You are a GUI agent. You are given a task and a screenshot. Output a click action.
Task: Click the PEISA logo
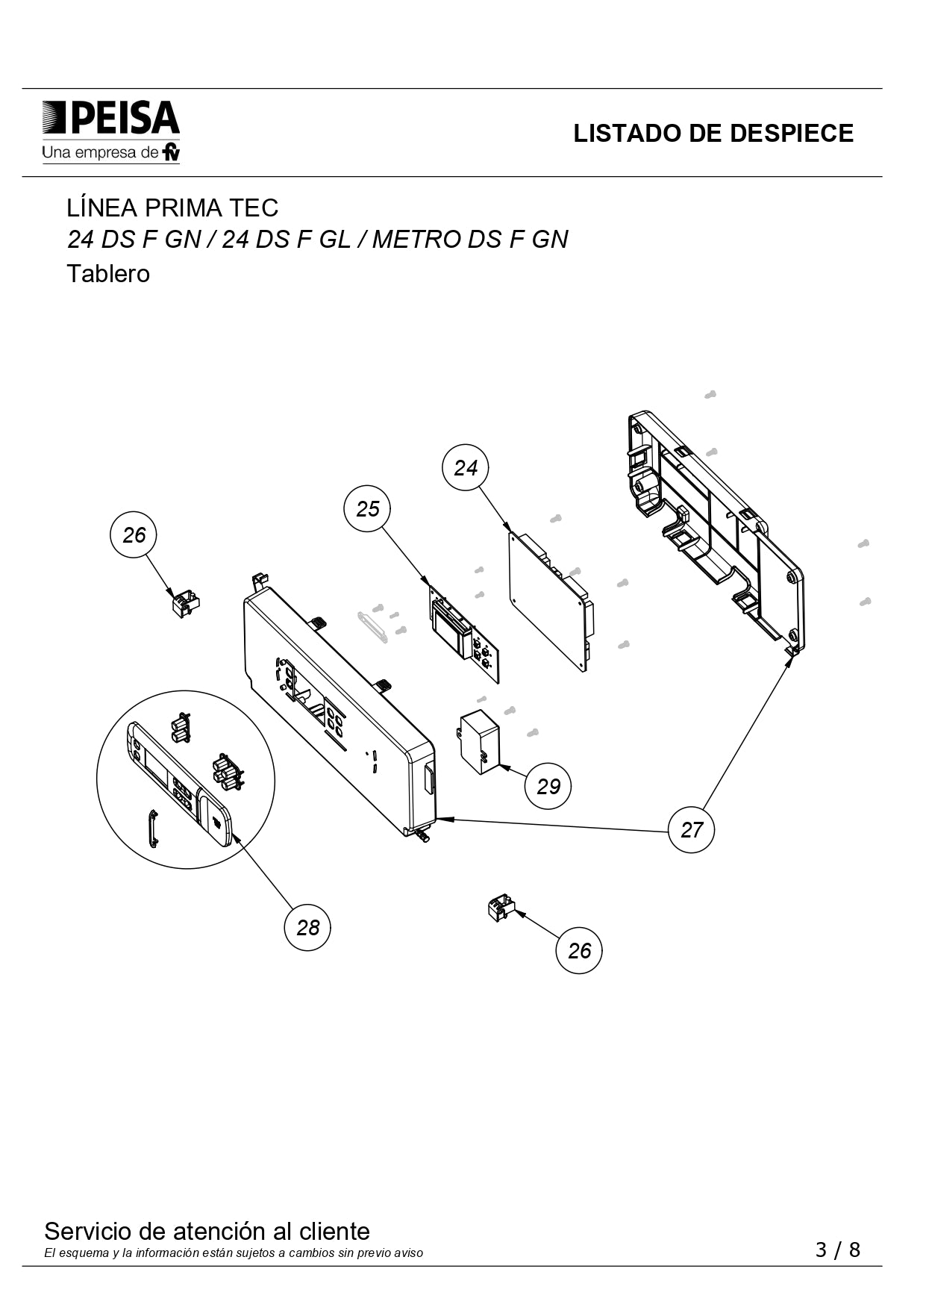pos(111,131)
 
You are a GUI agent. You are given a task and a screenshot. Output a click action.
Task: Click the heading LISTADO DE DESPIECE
pos(713,133)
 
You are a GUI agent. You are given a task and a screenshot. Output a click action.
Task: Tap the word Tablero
pos(108,274)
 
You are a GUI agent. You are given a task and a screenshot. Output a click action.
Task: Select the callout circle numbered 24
pos(466,467)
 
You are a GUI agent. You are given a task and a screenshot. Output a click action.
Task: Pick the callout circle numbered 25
pos(367,508)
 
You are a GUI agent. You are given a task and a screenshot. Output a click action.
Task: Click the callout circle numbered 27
pos(692,829)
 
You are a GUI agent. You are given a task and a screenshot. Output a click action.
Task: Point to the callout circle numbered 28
pos(307,927)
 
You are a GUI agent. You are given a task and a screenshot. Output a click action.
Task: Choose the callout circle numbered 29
pos(548,786)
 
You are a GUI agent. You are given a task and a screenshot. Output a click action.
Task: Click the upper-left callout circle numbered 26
pos(134,534)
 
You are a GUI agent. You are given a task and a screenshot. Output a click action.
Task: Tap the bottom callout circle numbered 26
pos(579,950)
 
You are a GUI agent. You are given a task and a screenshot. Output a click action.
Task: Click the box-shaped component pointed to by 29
pos(478,742)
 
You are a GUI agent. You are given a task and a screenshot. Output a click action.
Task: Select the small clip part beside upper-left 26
pos(186,603)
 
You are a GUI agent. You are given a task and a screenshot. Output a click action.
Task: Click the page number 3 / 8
pos(838,1250)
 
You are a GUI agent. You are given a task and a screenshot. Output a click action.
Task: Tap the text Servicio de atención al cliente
pos(207,1231)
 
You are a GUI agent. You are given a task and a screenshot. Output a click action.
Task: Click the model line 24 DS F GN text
pos(134,240)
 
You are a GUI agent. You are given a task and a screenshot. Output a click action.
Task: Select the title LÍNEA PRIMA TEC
pos(172,207)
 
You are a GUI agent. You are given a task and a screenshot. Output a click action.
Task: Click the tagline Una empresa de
pos(100,153)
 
